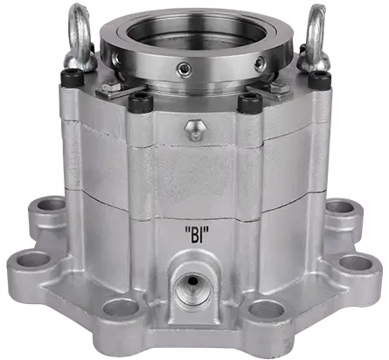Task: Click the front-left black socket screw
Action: tap(138, 105)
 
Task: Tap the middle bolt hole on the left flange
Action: tap(32, 260)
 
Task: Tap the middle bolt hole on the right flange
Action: tap(351, 260)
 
